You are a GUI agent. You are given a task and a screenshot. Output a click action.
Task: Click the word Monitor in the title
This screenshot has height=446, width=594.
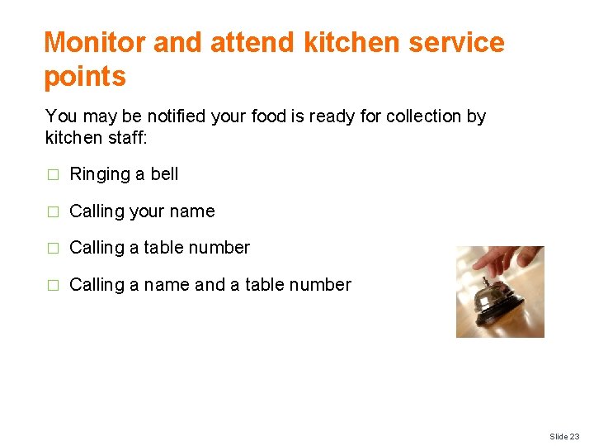[96, 42]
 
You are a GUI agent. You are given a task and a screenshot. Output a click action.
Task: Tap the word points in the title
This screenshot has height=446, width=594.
[85, 77]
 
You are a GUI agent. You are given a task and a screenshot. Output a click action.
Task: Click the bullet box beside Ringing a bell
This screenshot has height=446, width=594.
[53, 175]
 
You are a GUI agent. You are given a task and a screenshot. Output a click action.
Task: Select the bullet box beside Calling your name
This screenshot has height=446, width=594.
[53, 212]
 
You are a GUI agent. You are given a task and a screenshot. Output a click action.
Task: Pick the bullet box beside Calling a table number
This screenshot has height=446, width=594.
[53, 249]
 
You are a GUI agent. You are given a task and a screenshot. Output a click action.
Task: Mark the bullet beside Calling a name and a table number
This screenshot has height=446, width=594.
[53, 286]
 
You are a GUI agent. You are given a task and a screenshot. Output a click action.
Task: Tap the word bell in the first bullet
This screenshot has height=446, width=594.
[165, 174]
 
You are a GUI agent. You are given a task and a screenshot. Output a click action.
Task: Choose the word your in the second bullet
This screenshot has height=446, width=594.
[147, 212]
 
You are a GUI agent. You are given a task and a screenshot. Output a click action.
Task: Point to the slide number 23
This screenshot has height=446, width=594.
[574, 436]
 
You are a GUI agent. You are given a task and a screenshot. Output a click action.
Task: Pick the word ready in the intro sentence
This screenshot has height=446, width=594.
[330, 116]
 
